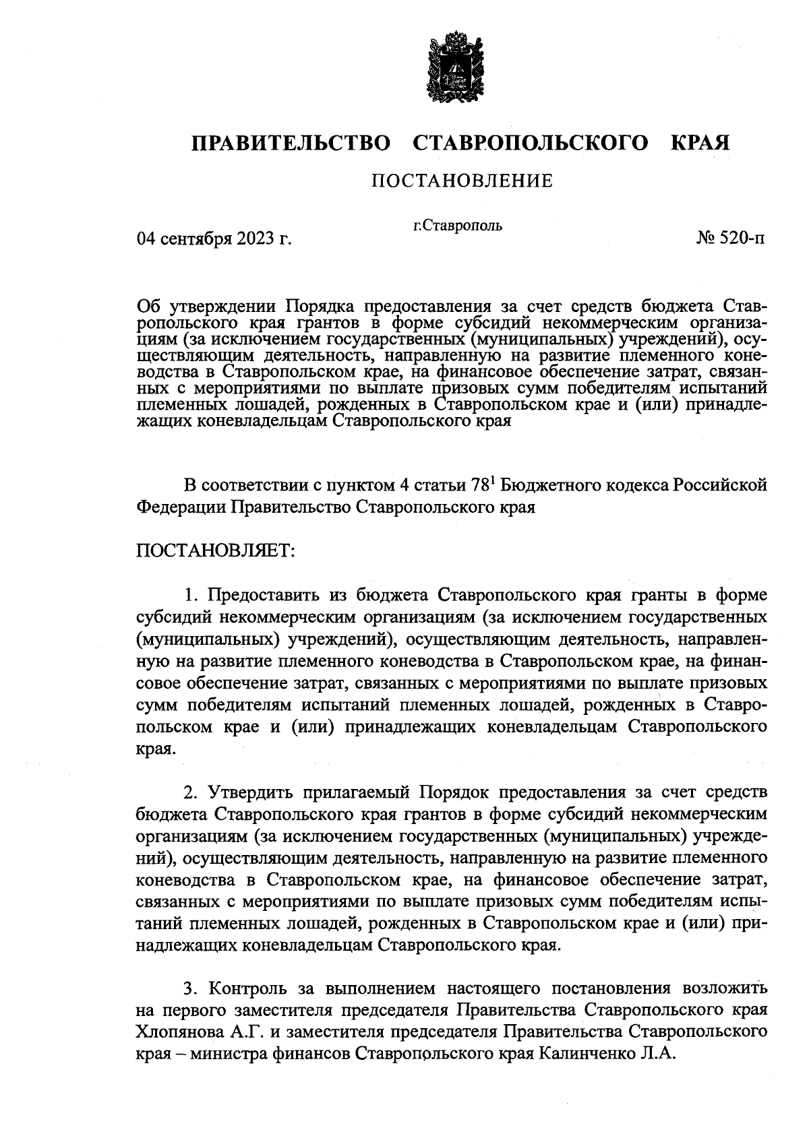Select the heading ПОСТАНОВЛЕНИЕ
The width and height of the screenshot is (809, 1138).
pos(462,181)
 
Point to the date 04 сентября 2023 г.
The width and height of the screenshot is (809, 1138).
pos(214,239)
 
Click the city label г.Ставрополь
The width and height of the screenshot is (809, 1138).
pos(457,226)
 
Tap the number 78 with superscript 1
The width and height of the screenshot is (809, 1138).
pos(483,485)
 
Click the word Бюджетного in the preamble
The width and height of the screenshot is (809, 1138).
pos(549,485)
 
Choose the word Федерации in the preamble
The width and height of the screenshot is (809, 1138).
pos(182,507)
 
